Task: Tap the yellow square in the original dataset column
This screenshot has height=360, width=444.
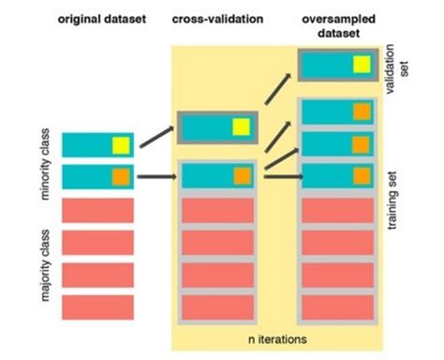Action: pos(120,144)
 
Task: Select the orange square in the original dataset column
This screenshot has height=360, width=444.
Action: pos(120,175)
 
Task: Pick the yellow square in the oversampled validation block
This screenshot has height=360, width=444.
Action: pos(360,65)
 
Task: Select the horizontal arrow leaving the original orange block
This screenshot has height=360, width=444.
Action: pos(157,175)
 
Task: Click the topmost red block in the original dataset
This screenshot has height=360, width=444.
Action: pos(97,210)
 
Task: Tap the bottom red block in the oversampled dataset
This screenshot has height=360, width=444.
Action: pos(335,306)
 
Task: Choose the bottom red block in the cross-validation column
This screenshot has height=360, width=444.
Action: pos(216,306)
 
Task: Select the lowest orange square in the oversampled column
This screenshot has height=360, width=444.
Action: pos(360,175)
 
